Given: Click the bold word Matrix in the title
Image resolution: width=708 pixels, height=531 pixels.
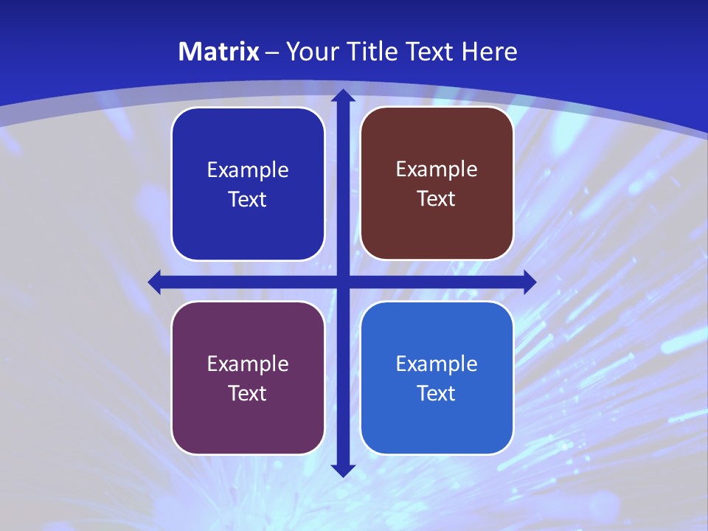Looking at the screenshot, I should coord(219,52).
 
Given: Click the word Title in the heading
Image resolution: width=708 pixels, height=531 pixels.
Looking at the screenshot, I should coord(367,52).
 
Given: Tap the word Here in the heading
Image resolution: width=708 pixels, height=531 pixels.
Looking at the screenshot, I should coord(489,52).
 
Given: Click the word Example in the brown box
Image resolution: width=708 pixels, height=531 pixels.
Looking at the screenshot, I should coord(437,169).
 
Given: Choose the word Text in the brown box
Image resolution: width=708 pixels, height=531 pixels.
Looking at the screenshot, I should coord(437,198).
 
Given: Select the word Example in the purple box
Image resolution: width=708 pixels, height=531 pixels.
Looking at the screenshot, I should coord(248,364).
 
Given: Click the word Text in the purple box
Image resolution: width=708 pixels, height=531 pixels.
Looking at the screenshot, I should coord(248,393).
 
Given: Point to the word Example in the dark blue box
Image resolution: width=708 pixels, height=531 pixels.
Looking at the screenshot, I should coord(248,170).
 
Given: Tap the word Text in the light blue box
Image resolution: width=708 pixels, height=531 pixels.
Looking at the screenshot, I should coord(437,393).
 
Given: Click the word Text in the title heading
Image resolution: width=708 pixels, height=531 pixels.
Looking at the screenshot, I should coord(430,52).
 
